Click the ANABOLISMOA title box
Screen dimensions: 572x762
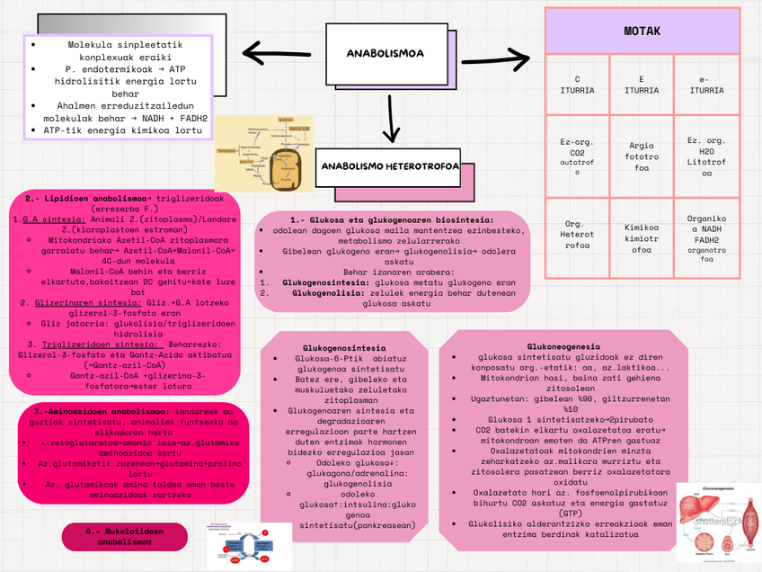click(x=385, y=54)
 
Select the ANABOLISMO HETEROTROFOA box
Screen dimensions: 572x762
click(x=390, y=166)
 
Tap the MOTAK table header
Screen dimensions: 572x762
click(x=642, y=31)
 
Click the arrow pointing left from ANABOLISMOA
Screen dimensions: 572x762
click(x=279, y=55)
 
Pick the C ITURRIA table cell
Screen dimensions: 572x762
click(x=577, y=85)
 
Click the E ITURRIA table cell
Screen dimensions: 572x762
click(x=642, y=85)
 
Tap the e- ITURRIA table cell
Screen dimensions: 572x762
click(x=706, y=85)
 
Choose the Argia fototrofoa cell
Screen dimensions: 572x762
click(x=642, y=156)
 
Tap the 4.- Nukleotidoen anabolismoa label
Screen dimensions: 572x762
click(x=124, y=537)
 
